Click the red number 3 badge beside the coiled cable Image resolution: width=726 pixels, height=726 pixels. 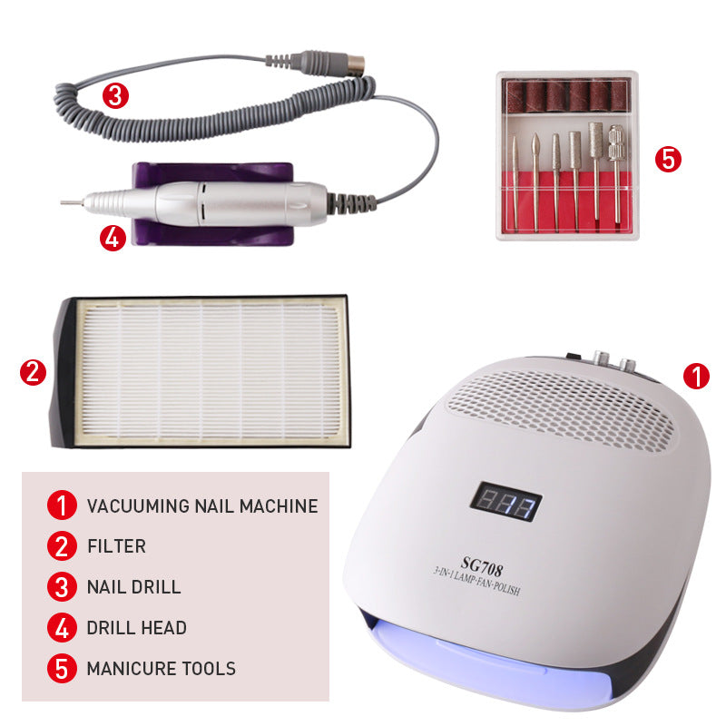tap(115, 95)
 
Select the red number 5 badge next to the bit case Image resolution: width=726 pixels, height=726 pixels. tap(668, 160)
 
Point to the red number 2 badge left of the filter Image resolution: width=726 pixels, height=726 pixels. tap(33, 372)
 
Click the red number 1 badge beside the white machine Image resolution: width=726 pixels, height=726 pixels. tap(696, 376)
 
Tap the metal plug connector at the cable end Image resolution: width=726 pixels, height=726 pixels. tap(356, 63)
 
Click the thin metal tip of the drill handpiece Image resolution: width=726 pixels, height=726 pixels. tap(72, 202)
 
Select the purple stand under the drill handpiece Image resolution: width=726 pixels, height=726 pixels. tap(213, 203)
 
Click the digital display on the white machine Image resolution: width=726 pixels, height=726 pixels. tap(505, 502)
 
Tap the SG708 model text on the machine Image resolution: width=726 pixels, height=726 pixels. tap(482, 566)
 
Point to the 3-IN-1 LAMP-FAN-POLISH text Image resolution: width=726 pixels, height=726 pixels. tap(476, 582)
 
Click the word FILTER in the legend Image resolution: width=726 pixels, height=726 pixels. tap(117, 546)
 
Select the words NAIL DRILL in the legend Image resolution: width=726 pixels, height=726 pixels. tap(133, 587)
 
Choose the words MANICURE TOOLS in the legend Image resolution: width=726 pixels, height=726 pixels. tap(162, 669)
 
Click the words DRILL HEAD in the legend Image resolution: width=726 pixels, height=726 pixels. tap(137, 628)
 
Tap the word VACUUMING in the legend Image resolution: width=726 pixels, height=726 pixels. tap(138, 505)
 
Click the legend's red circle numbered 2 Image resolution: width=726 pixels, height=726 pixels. tap(62, 546)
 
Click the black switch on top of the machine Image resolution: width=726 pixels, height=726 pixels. tap(574, 356)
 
